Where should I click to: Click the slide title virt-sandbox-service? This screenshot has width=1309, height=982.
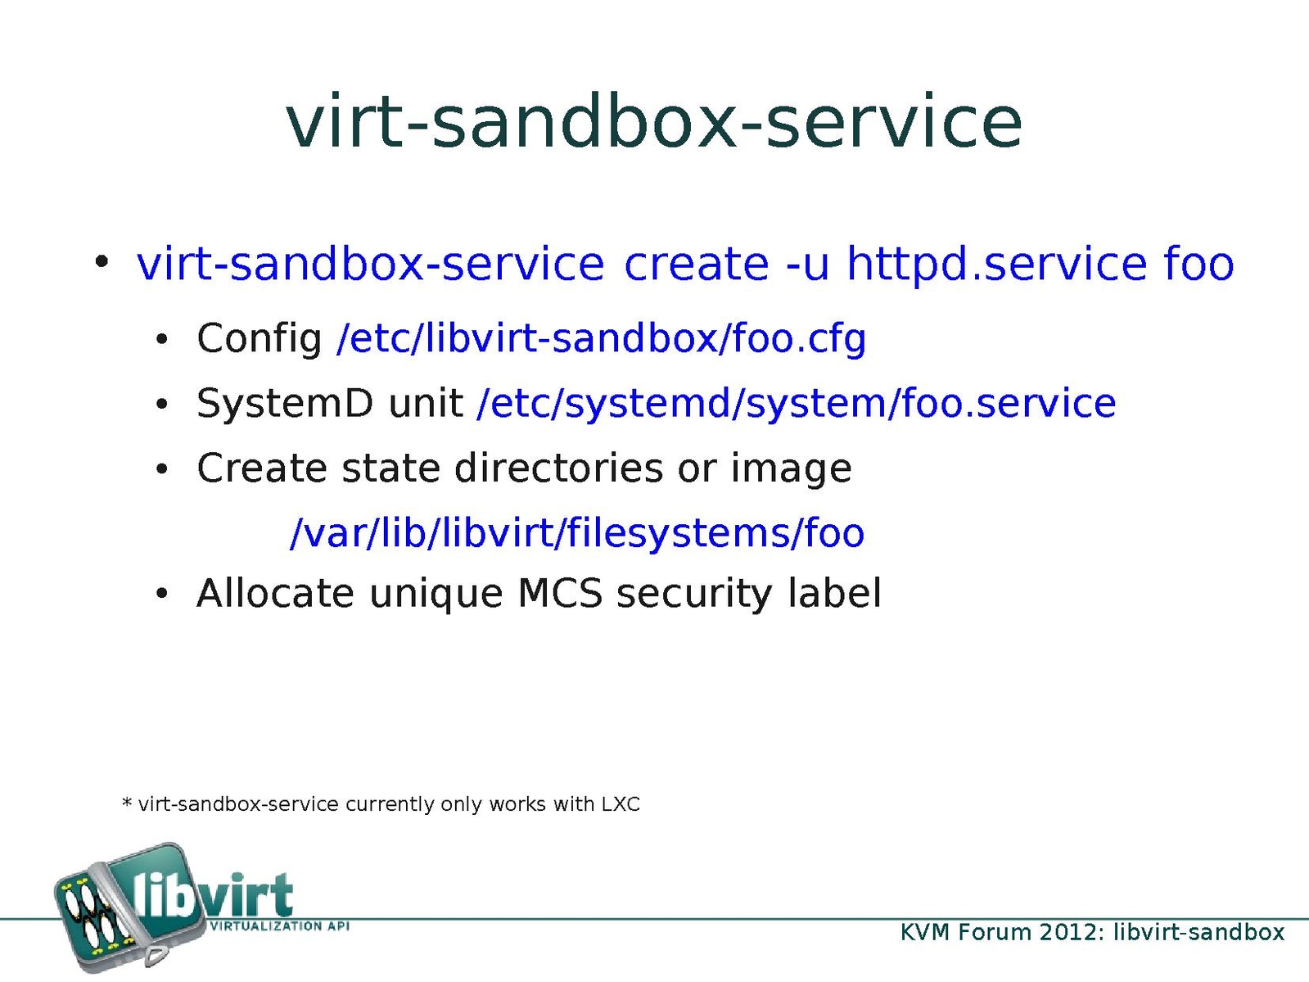click(654, 122)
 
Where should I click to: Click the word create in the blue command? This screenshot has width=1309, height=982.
click(697, 264)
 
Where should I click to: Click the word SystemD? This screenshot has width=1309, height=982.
click(285, 404)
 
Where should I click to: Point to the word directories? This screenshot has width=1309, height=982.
click(559, 468)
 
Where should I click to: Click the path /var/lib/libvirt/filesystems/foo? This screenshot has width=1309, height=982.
click(576, 533)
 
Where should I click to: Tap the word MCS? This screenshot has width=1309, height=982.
click(560, 595)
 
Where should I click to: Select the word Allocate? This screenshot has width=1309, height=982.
click(276, 595)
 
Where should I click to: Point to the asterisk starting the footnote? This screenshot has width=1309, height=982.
click(126, 802)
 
